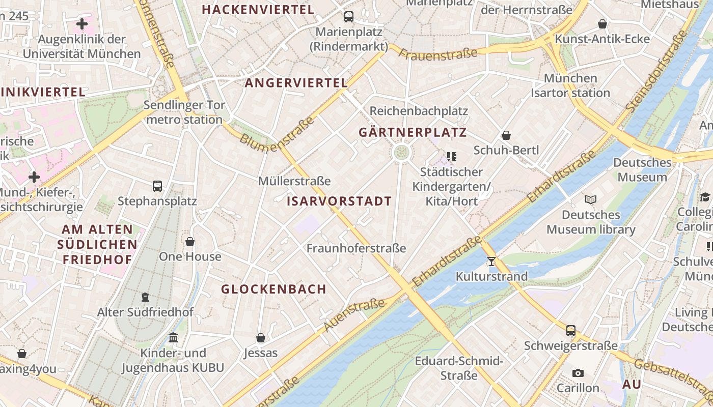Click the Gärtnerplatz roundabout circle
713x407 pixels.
(402, 152)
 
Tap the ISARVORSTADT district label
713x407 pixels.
(339, 201)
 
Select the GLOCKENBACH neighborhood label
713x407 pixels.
(273, 289)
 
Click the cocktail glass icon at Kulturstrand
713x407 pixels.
(491, 261)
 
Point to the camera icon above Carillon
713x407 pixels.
(578, 373)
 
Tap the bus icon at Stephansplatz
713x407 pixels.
(157, 186)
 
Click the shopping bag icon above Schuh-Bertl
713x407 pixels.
(506, 135)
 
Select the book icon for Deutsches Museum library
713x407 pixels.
(591, 199)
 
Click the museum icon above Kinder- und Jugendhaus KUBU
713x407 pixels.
(173, 338)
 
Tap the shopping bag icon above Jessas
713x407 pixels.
(261, 338)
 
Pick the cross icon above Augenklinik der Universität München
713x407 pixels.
(82, 24)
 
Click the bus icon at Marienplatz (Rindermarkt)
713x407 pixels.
(349, 17)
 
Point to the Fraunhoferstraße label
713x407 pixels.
(356, 248)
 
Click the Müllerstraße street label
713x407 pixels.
(294, 181)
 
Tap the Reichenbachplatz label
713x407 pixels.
(419, 110)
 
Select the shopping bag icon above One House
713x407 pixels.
(190, 241)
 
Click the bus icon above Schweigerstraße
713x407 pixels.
(571, 331)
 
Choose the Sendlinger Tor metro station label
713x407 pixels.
(184, 112)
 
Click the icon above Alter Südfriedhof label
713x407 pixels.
(145, 297)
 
